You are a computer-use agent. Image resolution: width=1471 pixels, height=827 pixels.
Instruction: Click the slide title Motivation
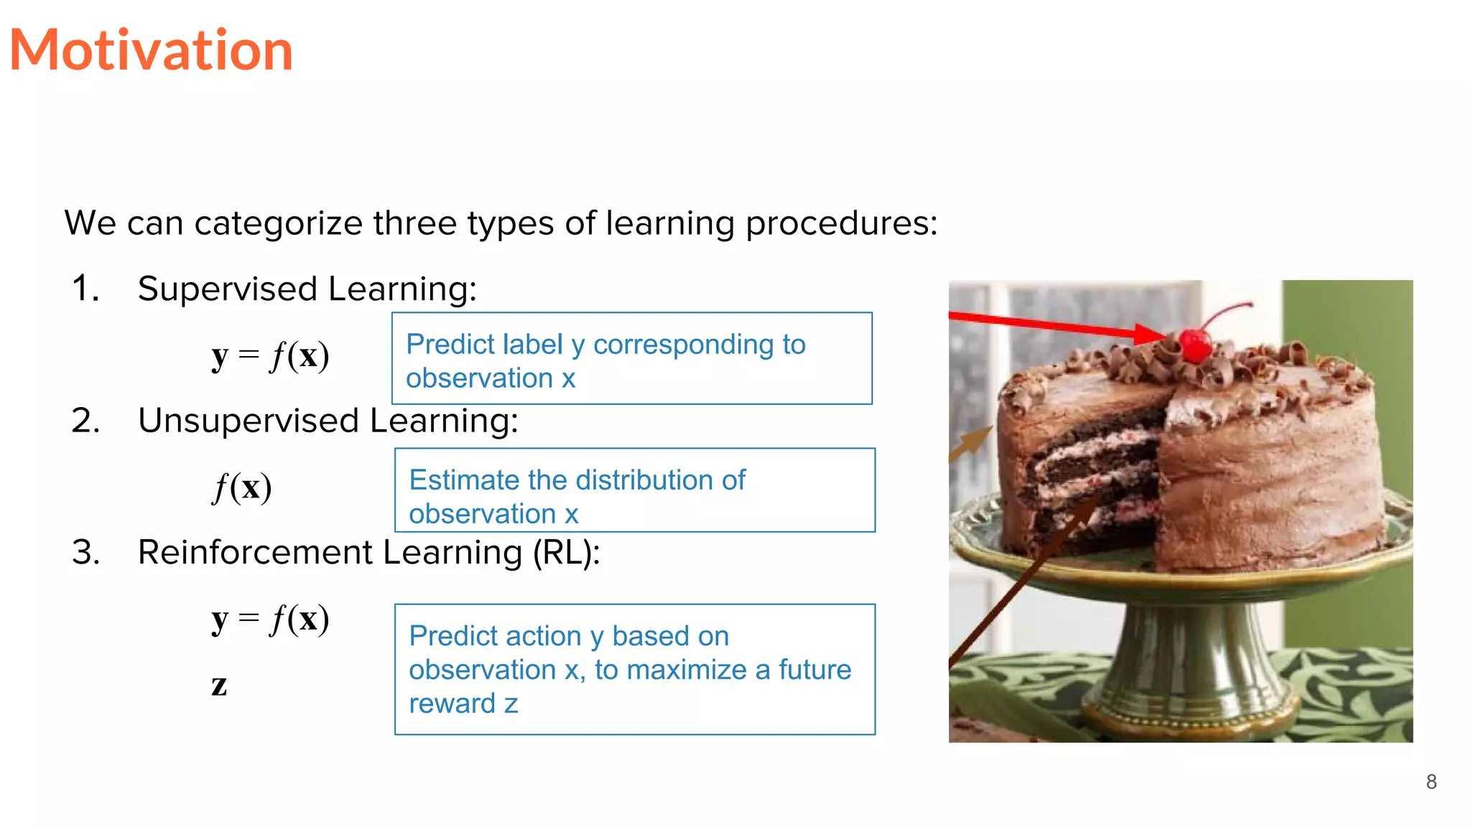click(151, 50)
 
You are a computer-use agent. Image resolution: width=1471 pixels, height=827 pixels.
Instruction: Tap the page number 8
click(1431, 782)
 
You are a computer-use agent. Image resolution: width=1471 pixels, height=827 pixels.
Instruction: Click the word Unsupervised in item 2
click(248, 421)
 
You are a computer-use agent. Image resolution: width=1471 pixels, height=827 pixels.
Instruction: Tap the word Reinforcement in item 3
click(254, 553)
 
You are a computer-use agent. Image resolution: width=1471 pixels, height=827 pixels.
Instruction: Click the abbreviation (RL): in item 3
click(565, 553)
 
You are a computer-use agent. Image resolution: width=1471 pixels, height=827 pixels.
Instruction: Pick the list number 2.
click(85, 421)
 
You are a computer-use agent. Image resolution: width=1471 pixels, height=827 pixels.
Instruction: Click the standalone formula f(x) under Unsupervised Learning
click(242, 487)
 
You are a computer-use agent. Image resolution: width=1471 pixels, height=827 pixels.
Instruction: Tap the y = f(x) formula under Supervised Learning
click(270, 355)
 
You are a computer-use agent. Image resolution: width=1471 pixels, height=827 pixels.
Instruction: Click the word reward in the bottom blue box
click(452, 704)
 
